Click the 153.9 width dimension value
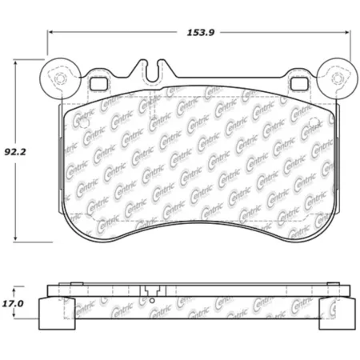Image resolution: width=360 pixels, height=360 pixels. pos(201,33)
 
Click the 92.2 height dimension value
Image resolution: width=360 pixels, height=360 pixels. pos(15,152)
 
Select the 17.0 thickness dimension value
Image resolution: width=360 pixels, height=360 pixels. pos(13,304)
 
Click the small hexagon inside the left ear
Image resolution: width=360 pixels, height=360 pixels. pos(60,78)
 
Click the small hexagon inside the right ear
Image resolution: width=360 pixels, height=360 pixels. pos(337,78)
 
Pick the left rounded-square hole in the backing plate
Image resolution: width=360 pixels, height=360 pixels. pos(99,84)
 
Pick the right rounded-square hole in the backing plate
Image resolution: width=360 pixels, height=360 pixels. pos(299,84)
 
